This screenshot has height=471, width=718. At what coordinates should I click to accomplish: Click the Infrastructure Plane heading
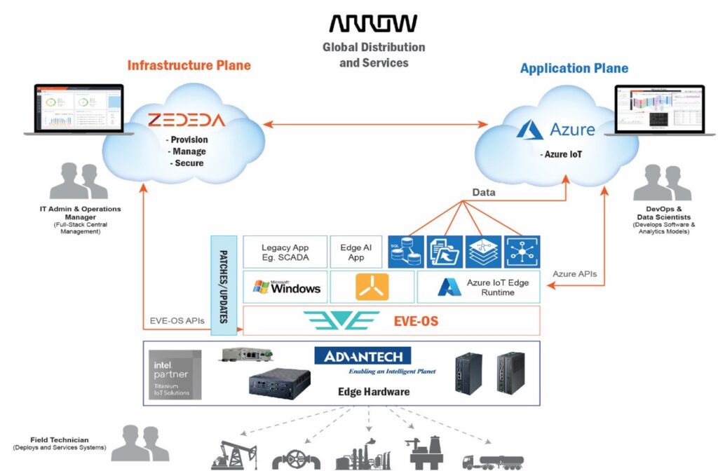click(189, 66)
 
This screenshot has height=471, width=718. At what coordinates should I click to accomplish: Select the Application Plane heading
click(574, 68)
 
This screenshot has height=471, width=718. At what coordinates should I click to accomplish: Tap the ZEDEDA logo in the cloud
click(187, 120)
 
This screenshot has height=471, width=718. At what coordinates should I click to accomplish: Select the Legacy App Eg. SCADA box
click(285, 252)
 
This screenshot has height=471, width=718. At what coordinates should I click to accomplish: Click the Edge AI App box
click(356, 252)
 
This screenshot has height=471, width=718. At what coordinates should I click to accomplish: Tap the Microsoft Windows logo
click(287, 287)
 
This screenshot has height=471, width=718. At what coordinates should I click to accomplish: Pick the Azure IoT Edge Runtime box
click(478, 287)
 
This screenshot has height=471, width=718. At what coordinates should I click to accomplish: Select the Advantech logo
click(363, 356)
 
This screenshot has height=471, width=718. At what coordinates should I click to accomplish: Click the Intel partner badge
click(175, 374)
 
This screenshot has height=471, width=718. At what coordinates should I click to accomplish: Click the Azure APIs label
click(575, 274)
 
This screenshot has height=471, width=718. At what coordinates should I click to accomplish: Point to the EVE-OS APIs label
click(176, 321)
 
